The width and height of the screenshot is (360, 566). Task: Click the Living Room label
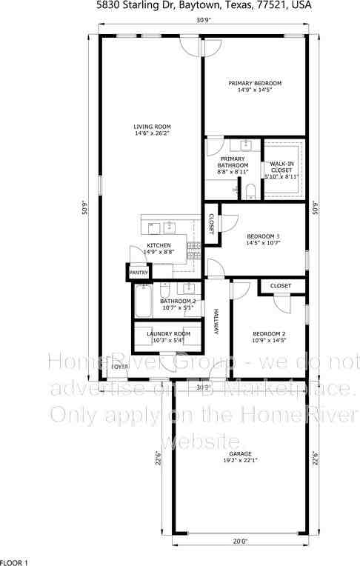tap(152, 127)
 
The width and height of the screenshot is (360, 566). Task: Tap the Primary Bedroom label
tap(254, 83)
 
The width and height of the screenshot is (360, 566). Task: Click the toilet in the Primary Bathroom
tap(250, 192)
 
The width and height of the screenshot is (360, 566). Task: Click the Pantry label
tap(139, 273)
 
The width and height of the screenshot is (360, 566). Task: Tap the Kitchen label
tap(159, 245)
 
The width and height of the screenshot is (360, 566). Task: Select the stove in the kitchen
tap(195, 248)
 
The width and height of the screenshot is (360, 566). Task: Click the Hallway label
tap(216, 322)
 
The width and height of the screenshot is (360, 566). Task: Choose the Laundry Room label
tap(168, 333)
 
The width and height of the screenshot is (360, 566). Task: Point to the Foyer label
tap(119, 366)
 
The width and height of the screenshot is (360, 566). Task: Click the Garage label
tap(239, 453)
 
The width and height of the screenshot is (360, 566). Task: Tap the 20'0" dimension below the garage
tap(239, 542)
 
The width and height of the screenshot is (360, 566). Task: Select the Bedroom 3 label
tap(262, 236)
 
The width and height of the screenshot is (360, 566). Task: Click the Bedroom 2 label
tap(268, 333)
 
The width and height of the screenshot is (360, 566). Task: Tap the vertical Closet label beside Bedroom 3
tap(210, 223)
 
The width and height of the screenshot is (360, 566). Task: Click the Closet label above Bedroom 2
tap(280, 285)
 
